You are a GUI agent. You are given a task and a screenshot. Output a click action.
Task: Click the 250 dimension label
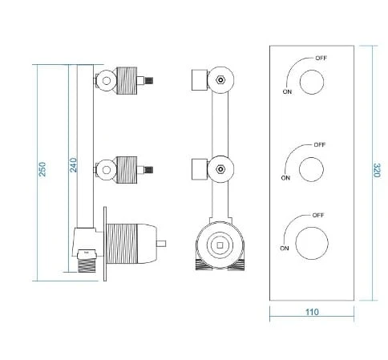42,169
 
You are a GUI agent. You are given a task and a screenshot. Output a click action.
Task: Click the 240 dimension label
73,165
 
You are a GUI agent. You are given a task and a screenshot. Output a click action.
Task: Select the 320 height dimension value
377,170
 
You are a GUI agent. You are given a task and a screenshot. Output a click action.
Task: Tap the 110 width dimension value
312,312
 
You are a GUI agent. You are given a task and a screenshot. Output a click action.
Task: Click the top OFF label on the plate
321,58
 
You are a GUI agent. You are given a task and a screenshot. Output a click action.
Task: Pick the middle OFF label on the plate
320,144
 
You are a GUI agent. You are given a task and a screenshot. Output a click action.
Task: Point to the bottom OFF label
318,215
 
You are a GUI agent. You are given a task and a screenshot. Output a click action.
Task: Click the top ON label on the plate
287,91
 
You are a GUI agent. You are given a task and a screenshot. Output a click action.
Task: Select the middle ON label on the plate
285,178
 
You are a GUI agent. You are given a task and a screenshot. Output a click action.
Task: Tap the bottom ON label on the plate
285,249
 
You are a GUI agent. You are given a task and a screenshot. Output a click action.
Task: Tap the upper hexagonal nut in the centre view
220,80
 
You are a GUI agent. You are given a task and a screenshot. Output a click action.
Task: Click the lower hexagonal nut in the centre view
220,169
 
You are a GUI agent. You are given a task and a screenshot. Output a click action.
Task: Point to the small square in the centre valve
220,245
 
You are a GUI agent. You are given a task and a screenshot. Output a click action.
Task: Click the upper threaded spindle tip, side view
148,80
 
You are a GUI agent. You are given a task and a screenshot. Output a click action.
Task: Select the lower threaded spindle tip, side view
148,169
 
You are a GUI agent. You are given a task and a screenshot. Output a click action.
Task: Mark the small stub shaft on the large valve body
161,244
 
